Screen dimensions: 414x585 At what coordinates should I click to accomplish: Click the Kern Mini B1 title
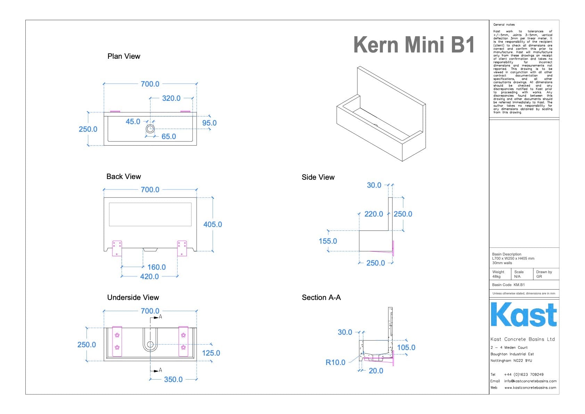click(x=414, y=45)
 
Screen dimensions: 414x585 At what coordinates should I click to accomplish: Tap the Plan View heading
click(x=124, y=56)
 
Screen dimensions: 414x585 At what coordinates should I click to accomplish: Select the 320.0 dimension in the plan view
click(x=171, y=98)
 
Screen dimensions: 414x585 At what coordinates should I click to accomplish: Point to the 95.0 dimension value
click(x=209, y=123)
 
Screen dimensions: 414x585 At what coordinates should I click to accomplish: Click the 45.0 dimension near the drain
click(x=133, y=122)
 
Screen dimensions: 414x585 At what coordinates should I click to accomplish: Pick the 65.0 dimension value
click(x=168, y=137)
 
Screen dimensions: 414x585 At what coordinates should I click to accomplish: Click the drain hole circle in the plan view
click(x=150, y=129)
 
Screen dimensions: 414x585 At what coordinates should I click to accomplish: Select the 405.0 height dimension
click(x=212, y=225)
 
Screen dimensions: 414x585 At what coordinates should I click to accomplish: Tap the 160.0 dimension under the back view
click(x=156, y=267)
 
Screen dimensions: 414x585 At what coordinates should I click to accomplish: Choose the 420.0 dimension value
click(x=149, y=277)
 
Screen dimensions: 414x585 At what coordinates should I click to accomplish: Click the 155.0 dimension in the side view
click(x=328, y=241)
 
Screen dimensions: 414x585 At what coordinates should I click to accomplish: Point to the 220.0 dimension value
click(x=373, y=214)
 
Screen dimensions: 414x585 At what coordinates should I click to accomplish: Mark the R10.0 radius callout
click(x=335, y=363)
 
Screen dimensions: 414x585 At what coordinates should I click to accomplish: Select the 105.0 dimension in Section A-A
click(x=406, y=348)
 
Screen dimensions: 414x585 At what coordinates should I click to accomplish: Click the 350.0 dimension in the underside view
click(x=173, y=380)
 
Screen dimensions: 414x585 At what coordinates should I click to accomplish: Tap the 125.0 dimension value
click(x=211, y=353)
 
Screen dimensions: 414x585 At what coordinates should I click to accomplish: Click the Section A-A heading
click(x=321, y=298)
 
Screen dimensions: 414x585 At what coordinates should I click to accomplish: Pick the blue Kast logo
click(x=524, y=315)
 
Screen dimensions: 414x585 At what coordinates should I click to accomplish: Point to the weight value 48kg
click(x=496, y=277)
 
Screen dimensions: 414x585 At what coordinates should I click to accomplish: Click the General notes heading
click(x=504, y=25)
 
